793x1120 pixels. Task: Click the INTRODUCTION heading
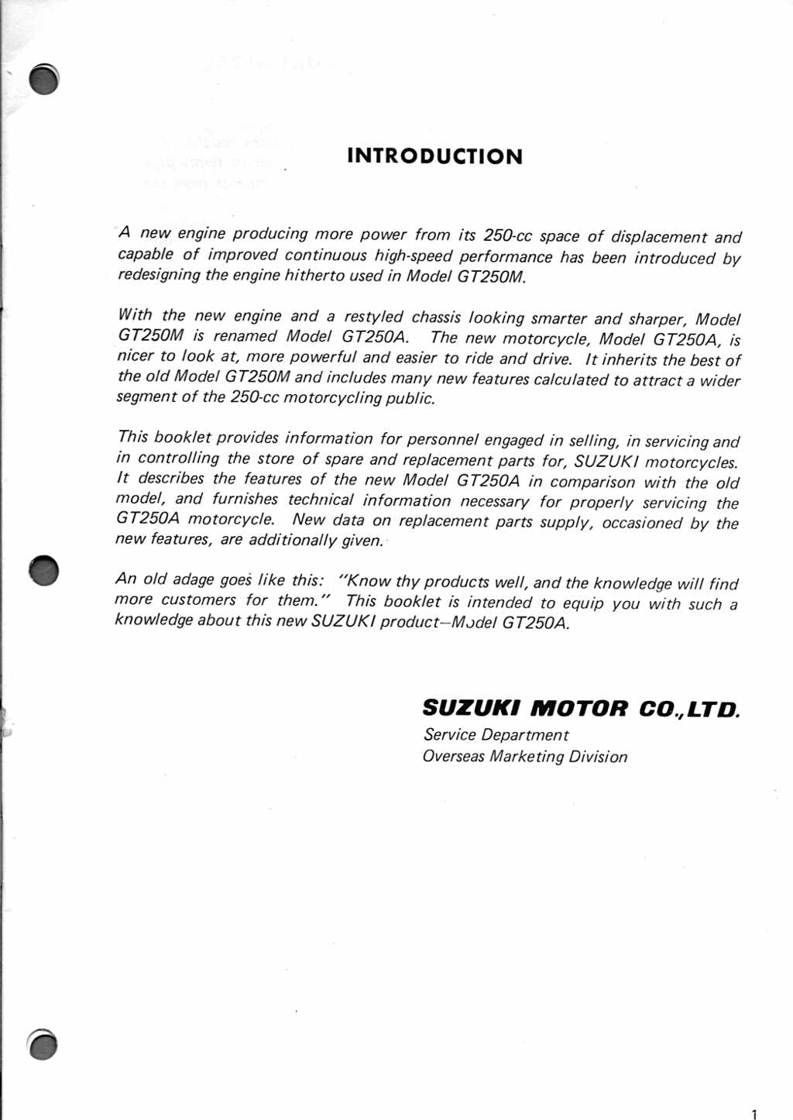click(434, 156)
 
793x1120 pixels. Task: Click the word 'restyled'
click(373, 317)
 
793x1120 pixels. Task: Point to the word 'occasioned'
click(641, 523)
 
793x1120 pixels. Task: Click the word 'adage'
click(194, 579)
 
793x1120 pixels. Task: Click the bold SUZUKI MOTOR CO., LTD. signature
click(581, 708)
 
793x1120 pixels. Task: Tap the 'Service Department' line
click(496, 735)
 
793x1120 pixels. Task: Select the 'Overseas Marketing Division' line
click(524, 757)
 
